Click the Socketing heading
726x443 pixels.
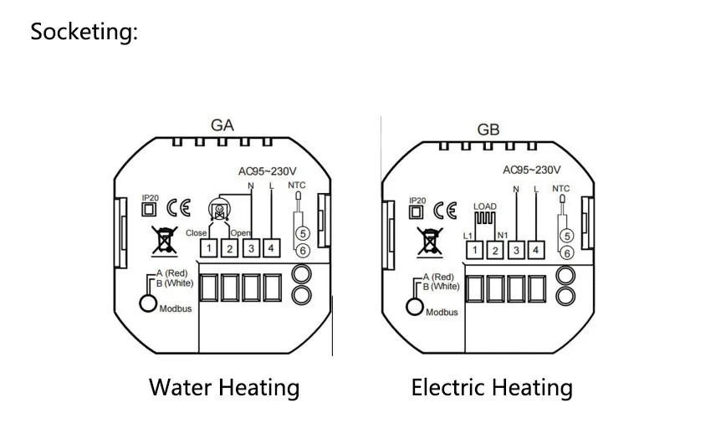click(x=84, y=33)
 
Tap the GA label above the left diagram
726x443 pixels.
click(x=222, y=125)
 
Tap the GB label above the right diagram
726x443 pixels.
click(x=488, y=130)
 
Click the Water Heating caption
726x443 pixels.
click(x=224, y=387)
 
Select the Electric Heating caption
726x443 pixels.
click(x=492, y=388)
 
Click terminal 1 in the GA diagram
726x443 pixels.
click(x=209, y=248)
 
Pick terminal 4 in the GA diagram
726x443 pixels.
click(x=271, y=248)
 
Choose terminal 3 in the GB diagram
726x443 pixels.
click(x=516, y=250)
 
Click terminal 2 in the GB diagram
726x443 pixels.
click(x=495, y=250)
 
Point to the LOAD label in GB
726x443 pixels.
click(x=484, y=205)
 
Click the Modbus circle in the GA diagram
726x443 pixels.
click(x=148, y=303)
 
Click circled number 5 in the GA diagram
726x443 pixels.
click(x=303, y=234)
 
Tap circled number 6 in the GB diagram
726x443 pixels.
click(x=566, y=252)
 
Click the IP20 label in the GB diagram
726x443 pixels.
click(x=417, y=200)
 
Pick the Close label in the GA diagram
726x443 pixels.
click(x=196, y=232)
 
